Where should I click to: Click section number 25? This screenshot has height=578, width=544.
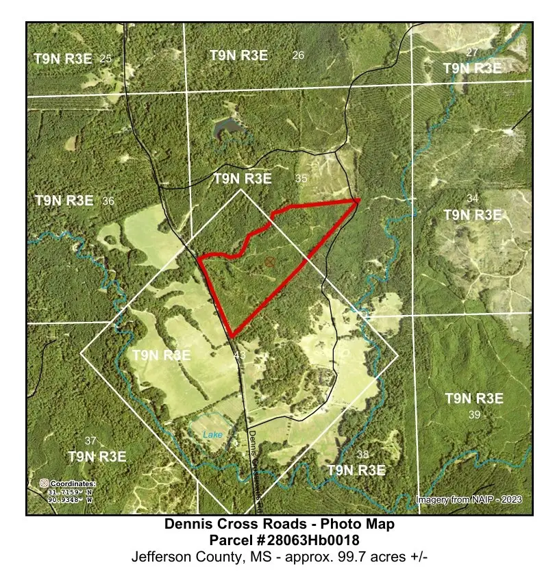click(106, 58)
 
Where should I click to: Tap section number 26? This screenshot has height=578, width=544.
click(298, 55)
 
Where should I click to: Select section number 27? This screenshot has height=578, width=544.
click(471, 53)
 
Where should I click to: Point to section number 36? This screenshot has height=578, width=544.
click(108, 201)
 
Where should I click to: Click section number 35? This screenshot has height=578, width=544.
click(301, 178)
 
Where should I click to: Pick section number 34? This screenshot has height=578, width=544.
click(473, 199)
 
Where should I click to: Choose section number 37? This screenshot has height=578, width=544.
click(90, 440)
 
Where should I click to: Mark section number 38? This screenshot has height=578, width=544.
click(363, 454)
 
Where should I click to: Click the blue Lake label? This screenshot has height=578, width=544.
click(212, 434)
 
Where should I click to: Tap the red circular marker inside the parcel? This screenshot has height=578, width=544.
click(271, 262)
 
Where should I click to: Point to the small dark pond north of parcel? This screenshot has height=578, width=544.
click(230, 127)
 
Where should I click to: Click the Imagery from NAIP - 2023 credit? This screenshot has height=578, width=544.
click(469, 499)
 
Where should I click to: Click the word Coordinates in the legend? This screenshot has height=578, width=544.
click(72, 483)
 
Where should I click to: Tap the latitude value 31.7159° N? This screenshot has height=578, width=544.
click(69, 492)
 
